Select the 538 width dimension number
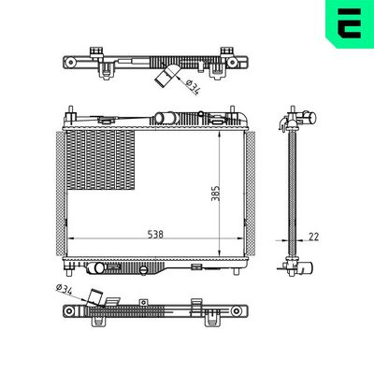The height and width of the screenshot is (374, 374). [154, 236]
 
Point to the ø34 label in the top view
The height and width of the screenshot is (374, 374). [191, 87]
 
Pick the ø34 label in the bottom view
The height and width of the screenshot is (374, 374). [66, 289]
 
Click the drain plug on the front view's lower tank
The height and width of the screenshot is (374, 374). [140, 269]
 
